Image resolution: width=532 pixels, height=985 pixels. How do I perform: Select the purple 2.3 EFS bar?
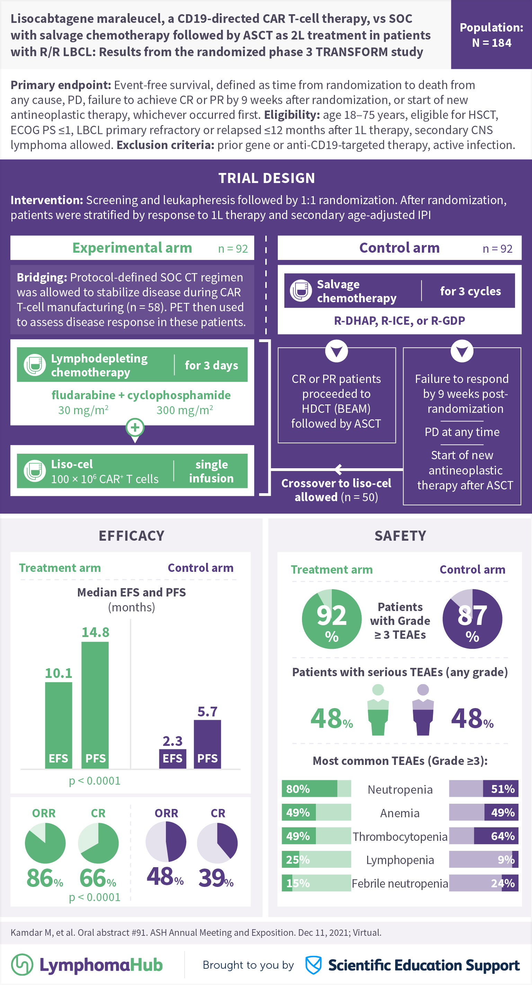(172, 759)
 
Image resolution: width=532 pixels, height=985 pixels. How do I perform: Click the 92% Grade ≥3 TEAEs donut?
(331, 619)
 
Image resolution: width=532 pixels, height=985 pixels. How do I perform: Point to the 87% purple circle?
(472, 619)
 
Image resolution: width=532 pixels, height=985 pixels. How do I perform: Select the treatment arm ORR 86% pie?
(45, 843)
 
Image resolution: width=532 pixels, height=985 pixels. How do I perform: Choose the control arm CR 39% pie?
(217, 843)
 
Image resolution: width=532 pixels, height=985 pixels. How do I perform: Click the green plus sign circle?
(135, 427)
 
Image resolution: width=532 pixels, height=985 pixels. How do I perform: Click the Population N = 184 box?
(491, 34)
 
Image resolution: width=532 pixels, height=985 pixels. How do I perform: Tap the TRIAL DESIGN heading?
(266, 178)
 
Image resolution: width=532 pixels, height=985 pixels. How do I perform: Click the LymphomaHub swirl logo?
(22, 964)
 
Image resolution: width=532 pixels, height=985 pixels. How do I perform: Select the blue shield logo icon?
(313, 965)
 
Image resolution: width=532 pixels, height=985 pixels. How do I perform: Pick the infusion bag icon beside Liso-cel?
(35, 471)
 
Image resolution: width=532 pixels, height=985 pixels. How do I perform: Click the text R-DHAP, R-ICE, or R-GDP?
(399, 321)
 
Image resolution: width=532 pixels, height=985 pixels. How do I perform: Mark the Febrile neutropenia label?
(399, 883)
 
